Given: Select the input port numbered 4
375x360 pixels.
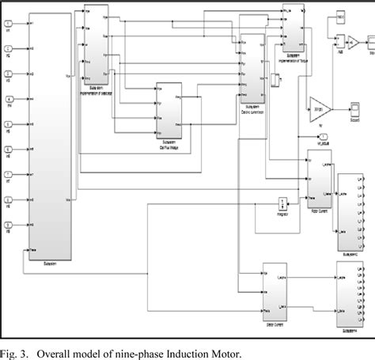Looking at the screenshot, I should click(x=8, y=100).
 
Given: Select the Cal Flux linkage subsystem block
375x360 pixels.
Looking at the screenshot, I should click(x=169, y=114).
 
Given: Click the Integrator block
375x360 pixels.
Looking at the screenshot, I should click(x=282, y=204).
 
